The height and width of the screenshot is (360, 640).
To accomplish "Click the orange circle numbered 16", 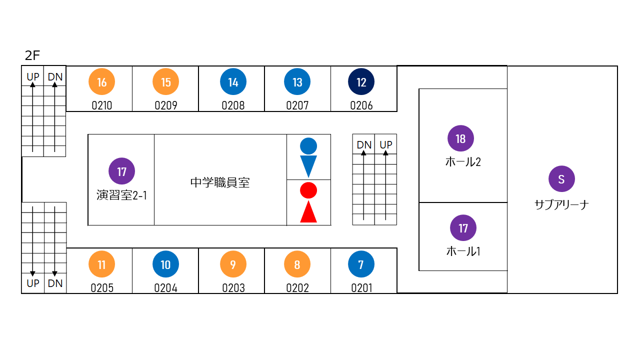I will click(101, 82).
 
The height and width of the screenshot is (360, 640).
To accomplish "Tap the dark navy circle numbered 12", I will click(361, 82).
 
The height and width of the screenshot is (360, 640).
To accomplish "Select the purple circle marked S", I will click(561, 179).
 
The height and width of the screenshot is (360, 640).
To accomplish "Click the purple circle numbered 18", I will click(460, 138).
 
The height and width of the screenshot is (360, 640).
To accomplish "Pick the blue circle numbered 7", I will click(361, 264).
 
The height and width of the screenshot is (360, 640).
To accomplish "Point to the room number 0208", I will click(233, 105).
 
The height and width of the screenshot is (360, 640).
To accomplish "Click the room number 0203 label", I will click(233, 288).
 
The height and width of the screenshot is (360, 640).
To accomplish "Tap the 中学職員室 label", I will click(220, 182).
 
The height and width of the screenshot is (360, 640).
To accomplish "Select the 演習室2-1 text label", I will click(121, 195).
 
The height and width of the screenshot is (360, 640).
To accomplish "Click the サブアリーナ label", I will click(561, 204).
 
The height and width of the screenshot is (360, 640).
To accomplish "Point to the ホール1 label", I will click(463, 251).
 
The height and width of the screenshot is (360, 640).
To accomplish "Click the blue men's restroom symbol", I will click(308, 157).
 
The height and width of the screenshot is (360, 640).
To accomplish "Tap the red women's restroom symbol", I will click(308, 202).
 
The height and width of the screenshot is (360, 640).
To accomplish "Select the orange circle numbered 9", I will click(233, 264).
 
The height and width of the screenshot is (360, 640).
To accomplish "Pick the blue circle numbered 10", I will click(165, 264).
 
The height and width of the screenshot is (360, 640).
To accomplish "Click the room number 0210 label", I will click(101, 105).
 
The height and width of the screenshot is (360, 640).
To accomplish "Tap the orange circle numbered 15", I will click(165, 82).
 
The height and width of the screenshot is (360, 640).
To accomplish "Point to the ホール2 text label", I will click(463, 162).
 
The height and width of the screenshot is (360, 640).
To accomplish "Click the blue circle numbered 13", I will click(297, 82).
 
